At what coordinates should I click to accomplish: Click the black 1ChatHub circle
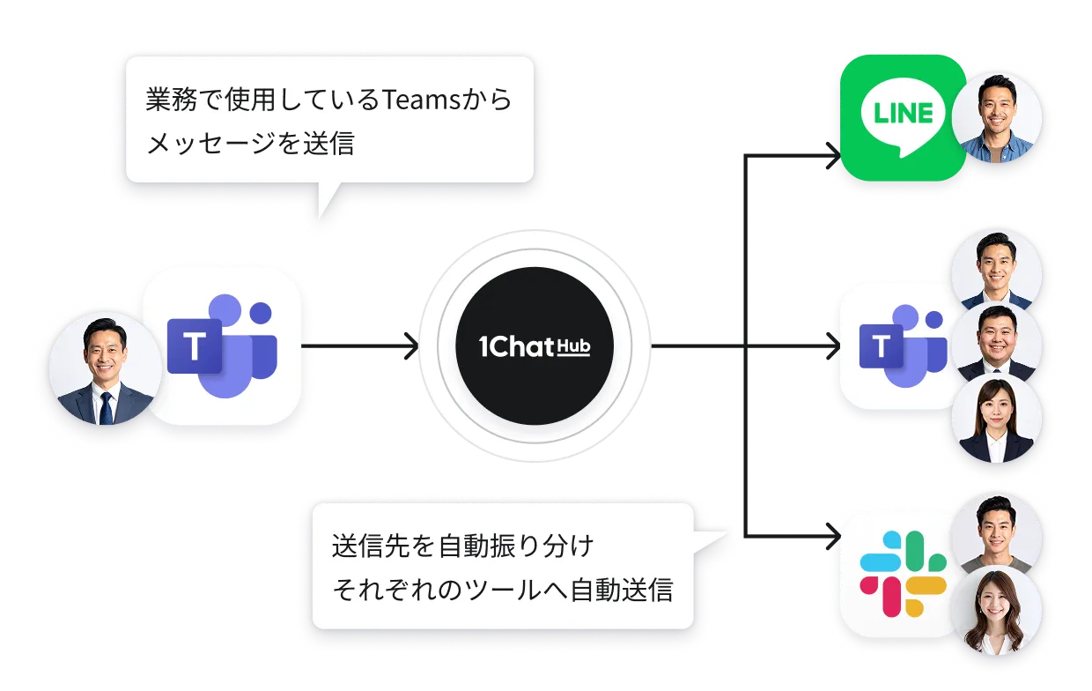535,345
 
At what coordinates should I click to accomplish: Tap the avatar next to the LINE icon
997,118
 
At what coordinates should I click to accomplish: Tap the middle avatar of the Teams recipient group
997,345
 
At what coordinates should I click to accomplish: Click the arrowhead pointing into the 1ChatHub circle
410,346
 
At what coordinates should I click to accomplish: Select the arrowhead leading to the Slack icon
831,535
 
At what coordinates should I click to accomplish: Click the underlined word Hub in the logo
573,347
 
